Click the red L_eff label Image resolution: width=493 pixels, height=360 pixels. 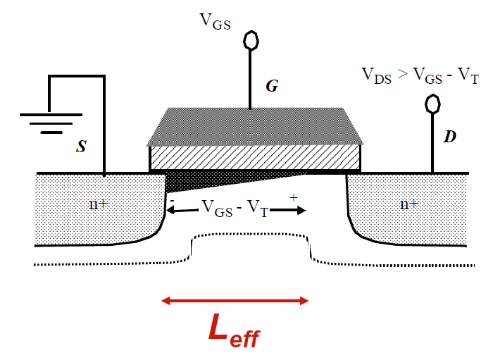(234, 328)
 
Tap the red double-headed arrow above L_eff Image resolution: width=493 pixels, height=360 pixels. (235, 301)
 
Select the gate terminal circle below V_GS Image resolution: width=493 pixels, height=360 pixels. (250, 40)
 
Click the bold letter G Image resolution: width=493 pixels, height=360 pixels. (272, 86)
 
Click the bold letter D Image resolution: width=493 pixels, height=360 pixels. (449, 137)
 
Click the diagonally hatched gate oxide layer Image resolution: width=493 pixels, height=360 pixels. (255, 156)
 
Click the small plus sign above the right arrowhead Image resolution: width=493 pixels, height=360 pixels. (293, 199)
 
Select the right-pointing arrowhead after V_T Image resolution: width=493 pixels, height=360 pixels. (301, 209)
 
